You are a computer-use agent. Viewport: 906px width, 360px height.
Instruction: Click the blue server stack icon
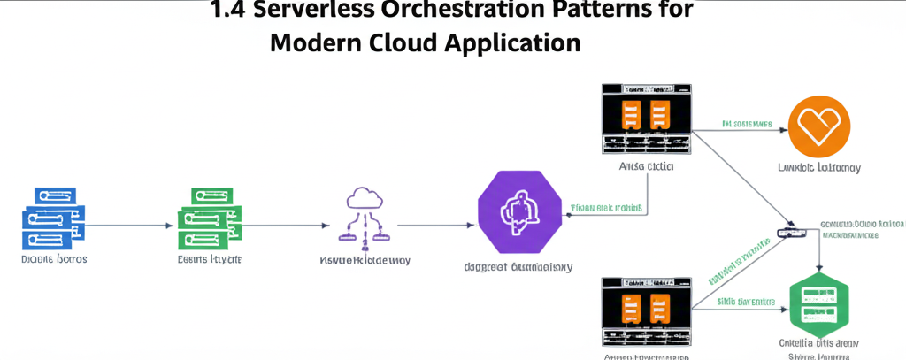coord(52,216)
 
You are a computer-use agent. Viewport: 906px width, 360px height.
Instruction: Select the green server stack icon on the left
coord(211,216)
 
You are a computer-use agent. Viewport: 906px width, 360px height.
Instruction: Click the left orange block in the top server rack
coord(631,115)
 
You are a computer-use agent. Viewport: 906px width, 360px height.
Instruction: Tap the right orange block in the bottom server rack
coord(658,310)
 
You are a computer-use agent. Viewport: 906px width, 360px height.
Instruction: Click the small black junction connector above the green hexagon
coord(787,232)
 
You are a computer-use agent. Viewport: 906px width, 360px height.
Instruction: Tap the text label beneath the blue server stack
coord(53,261)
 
